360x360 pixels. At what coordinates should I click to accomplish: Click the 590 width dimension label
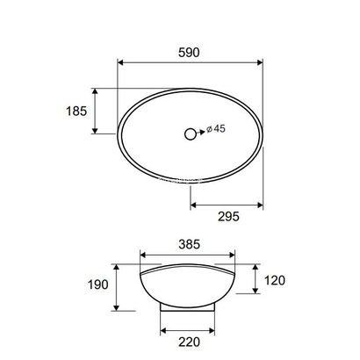coord(190,53)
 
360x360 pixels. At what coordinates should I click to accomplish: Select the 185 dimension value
coord(76,112)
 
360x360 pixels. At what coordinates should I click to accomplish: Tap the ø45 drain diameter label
coord(216,129)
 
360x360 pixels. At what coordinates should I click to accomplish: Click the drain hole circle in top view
coord(190,134)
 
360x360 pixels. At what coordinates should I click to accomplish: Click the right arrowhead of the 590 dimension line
coord(260,62)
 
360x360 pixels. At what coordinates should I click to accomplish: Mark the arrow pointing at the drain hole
coord(204,134)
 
